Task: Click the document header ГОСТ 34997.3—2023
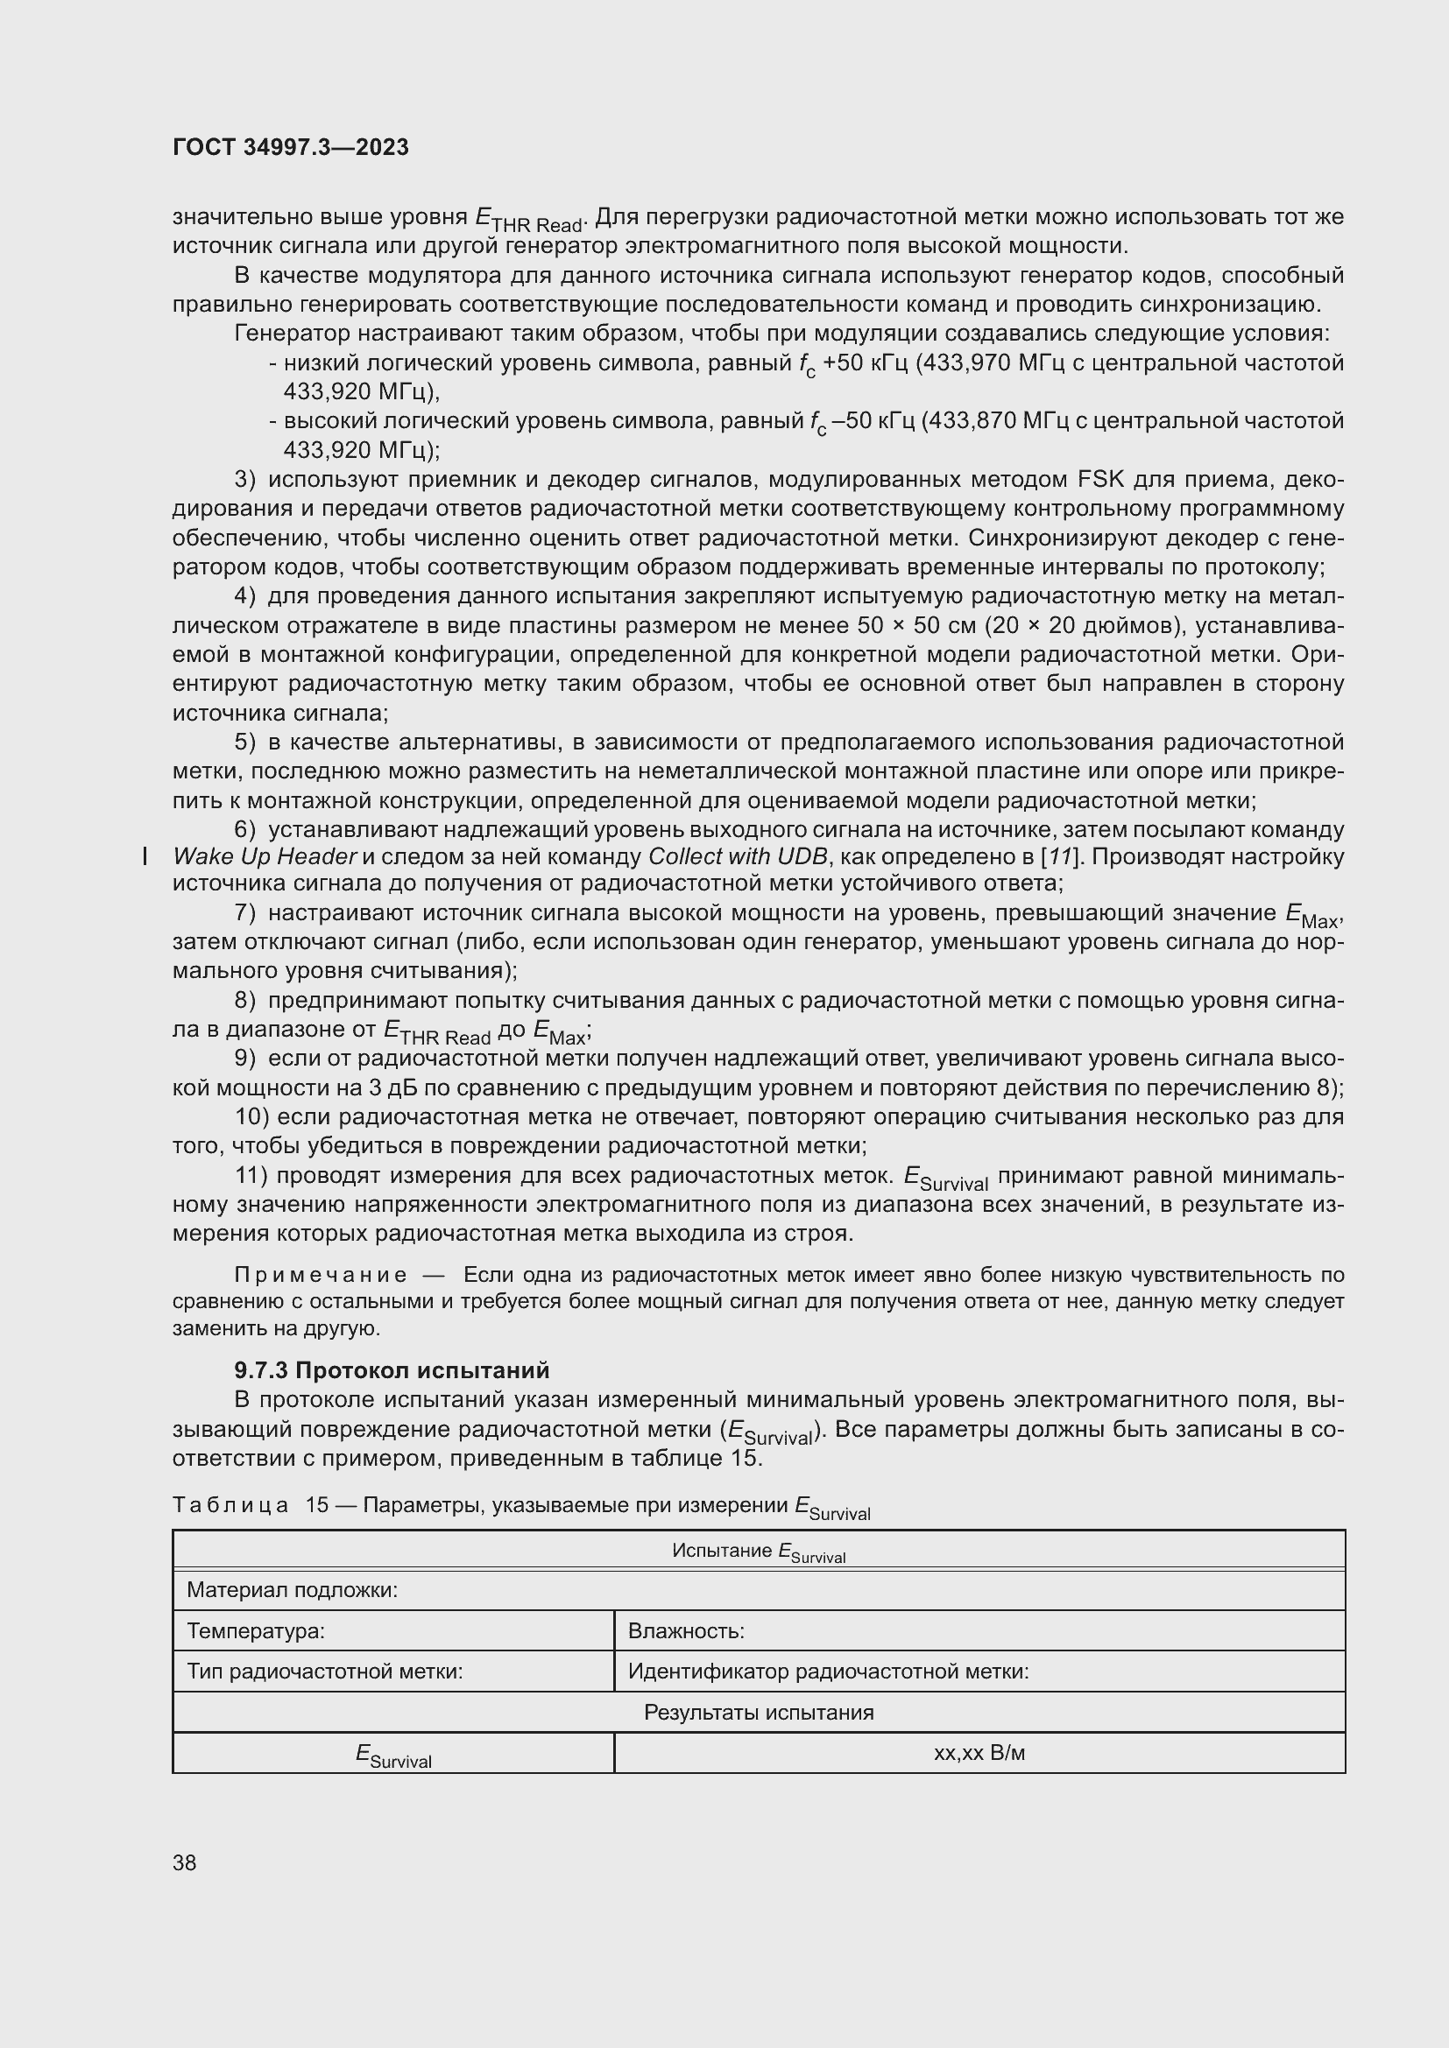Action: [290, 147]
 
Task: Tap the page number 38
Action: [185, 1862]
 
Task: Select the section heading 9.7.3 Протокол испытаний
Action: [392, 1370]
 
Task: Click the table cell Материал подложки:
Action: [292, 1589]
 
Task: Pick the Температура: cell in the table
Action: [255, 1630]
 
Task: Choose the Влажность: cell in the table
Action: [685, 1630]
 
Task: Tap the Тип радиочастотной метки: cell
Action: [324, 1671]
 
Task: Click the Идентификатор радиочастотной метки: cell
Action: [828, 1671]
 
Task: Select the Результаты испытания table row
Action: [759, 1712]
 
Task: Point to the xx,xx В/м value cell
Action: [979, 1753]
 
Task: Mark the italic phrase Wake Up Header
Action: [265, 857]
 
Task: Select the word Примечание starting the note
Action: [321, 1276]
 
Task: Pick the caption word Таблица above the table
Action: [230, 1506]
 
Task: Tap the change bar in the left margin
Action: [145, 857]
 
